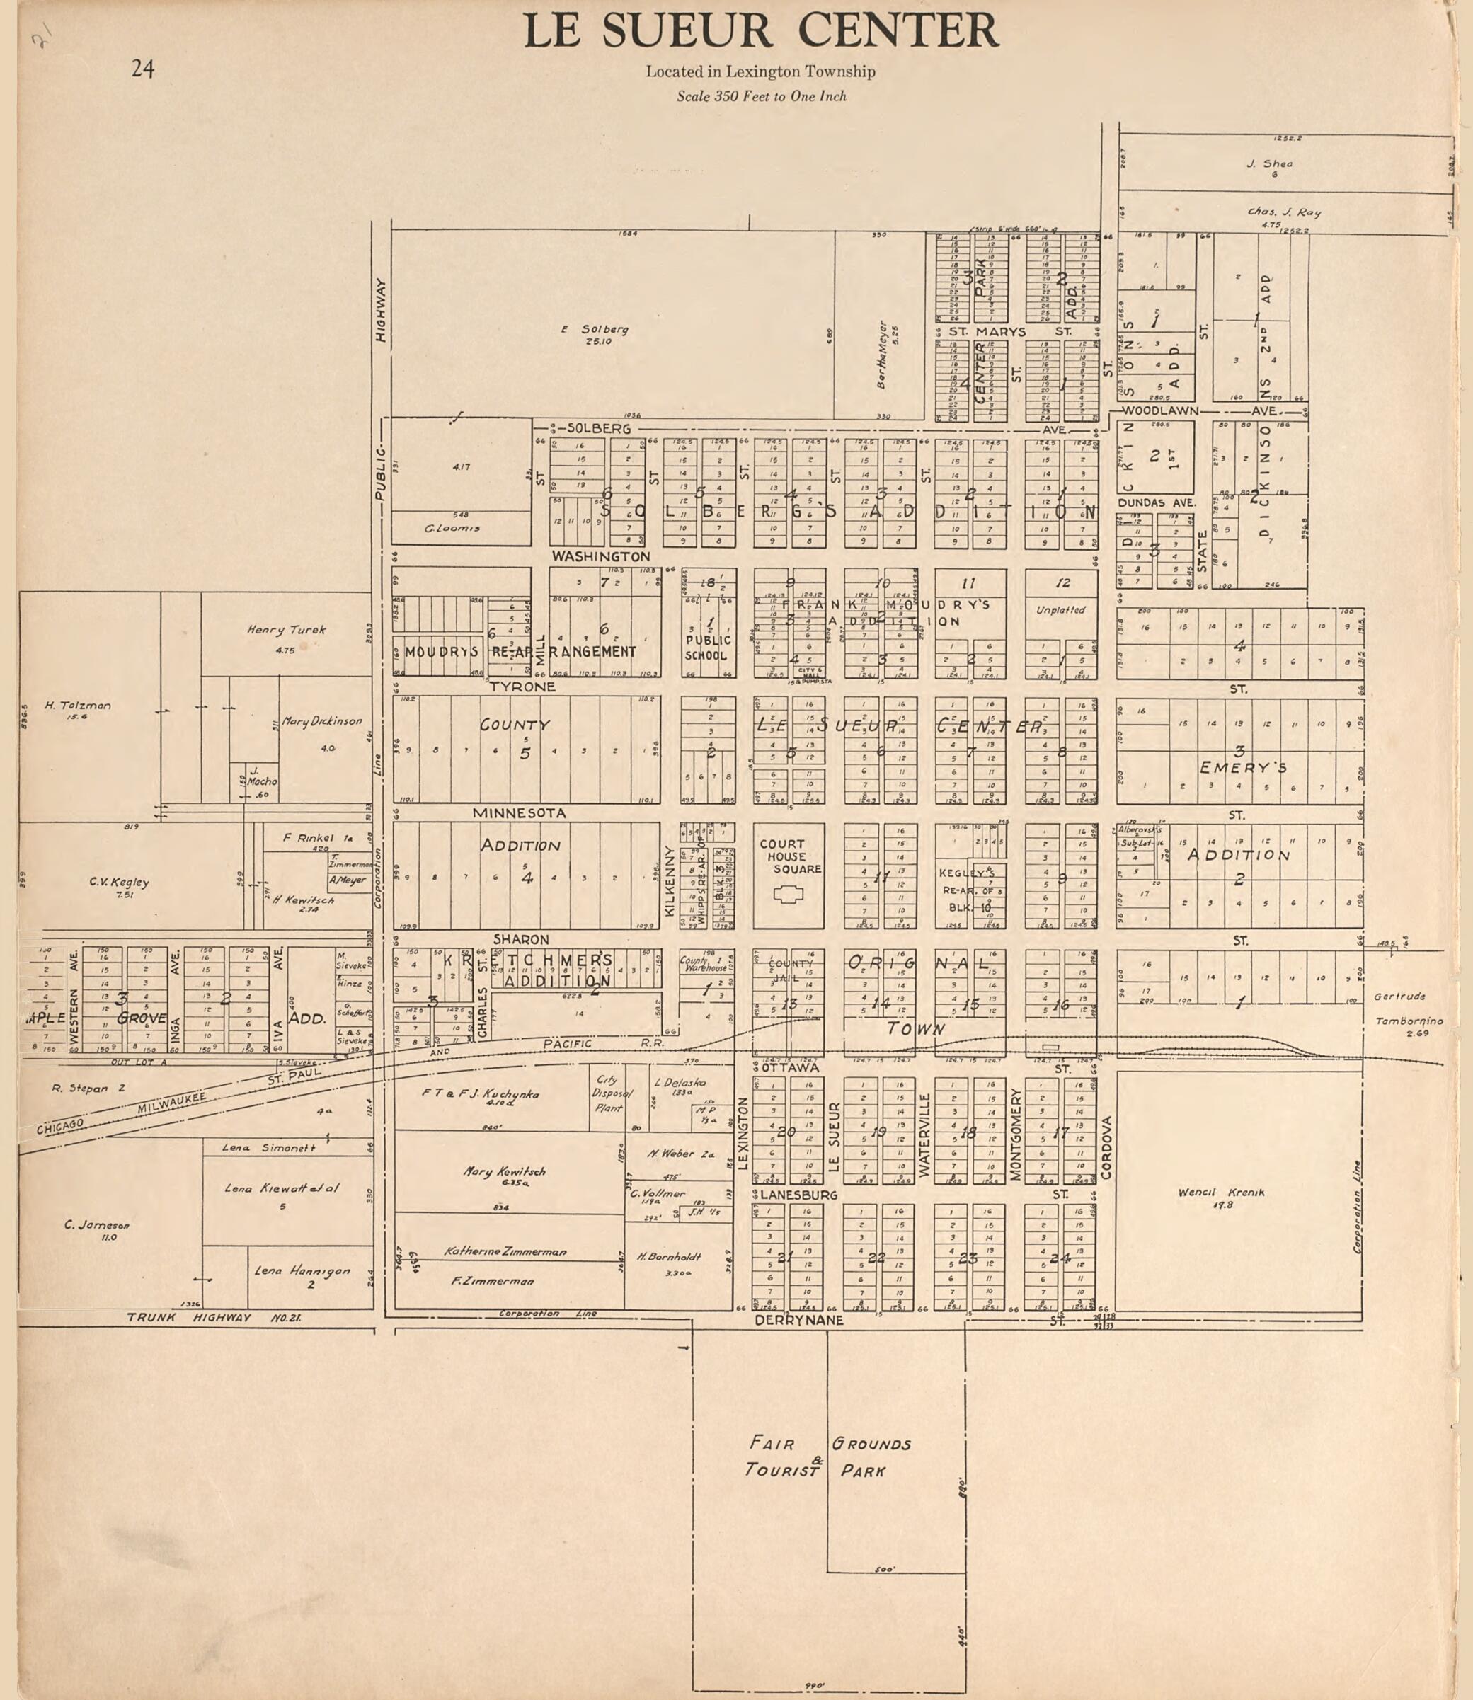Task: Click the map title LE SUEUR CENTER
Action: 760,31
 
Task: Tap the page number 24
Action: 143,69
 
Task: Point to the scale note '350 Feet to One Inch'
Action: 761,96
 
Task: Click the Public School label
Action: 708,648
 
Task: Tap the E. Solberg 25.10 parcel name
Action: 595,334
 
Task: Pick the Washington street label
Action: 601,556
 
